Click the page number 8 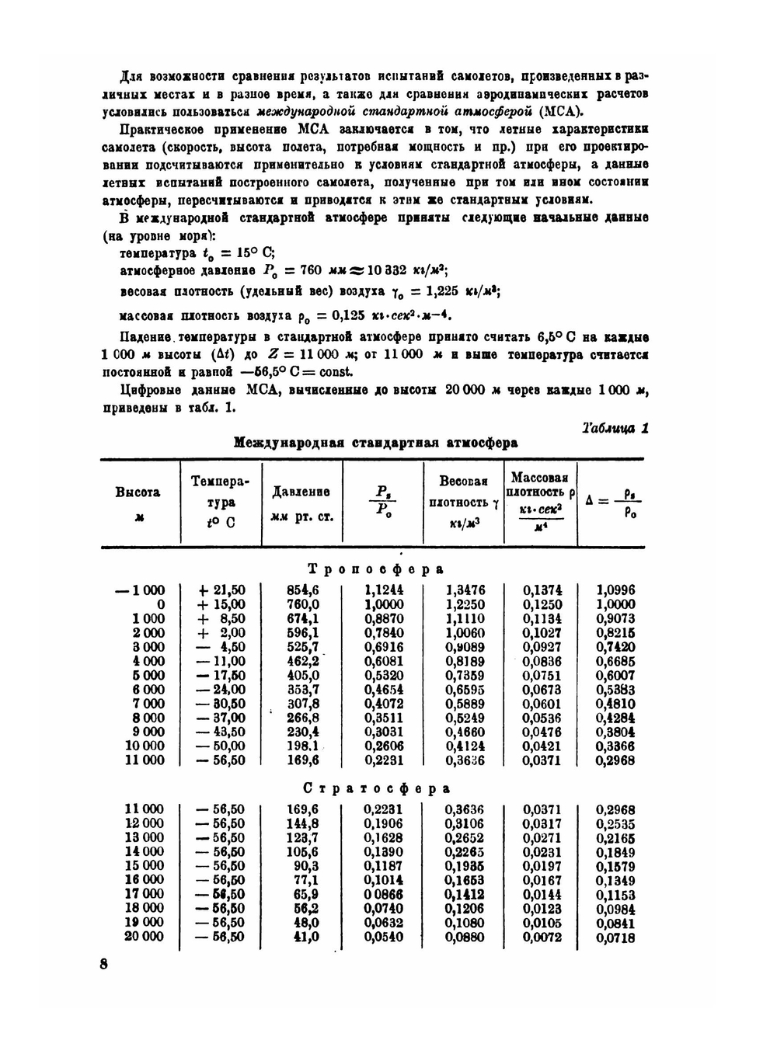103,965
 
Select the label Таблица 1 615,428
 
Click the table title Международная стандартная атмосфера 376,444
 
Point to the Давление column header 302,503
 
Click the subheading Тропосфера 376,569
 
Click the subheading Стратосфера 376,788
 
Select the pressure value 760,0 303,604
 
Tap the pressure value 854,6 303,590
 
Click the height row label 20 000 145,937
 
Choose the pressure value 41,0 305,937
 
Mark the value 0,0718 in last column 615,938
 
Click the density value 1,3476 465,590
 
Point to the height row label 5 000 148,675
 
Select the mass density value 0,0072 542,937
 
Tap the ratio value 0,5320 384,675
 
